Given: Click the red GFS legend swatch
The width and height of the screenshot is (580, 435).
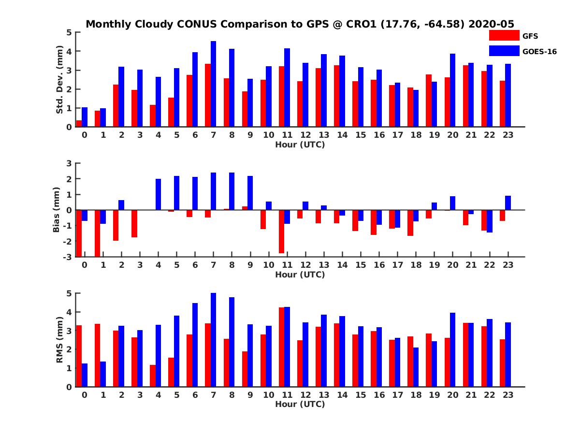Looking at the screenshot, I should (504, 35).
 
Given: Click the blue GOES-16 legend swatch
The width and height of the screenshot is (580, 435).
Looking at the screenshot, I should (504, 50).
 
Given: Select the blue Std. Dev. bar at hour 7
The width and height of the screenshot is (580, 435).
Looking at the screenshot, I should (213, 84).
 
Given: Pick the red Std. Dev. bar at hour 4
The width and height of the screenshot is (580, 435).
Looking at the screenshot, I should (153, 116).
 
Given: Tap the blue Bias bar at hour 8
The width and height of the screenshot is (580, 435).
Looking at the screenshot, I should (232, 191).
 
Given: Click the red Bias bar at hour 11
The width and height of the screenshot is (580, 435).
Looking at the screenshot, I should (281, 232).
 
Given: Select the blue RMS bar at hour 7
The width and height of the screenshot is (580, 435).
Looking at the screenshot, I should (213, 340).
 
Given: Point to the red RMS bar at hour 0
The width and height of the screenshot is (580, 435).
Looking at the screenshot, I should (79, 356).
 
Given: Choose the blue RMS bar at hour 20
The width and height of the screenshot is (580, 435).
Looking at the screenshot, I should (452, 349).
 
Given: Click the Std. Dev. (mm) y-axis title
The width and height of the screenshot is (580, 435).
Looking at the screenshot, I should (60, 80).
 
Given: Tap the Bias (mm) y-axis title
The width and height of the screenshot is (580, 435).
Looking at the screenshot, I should (56, 210).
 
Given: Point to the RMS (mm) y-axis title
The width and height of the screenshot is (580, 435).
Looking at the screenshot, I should (60, 340).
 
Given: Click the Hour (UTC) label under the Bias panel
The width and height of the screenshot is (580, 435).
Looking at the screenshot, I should (300, 275).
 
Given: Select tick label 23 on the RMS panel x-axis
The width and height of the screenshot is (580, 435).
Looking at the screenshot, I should (507, 394).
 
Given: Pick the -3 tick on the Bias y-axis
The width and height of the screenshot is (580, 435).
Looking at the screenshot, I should (68, 257).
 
